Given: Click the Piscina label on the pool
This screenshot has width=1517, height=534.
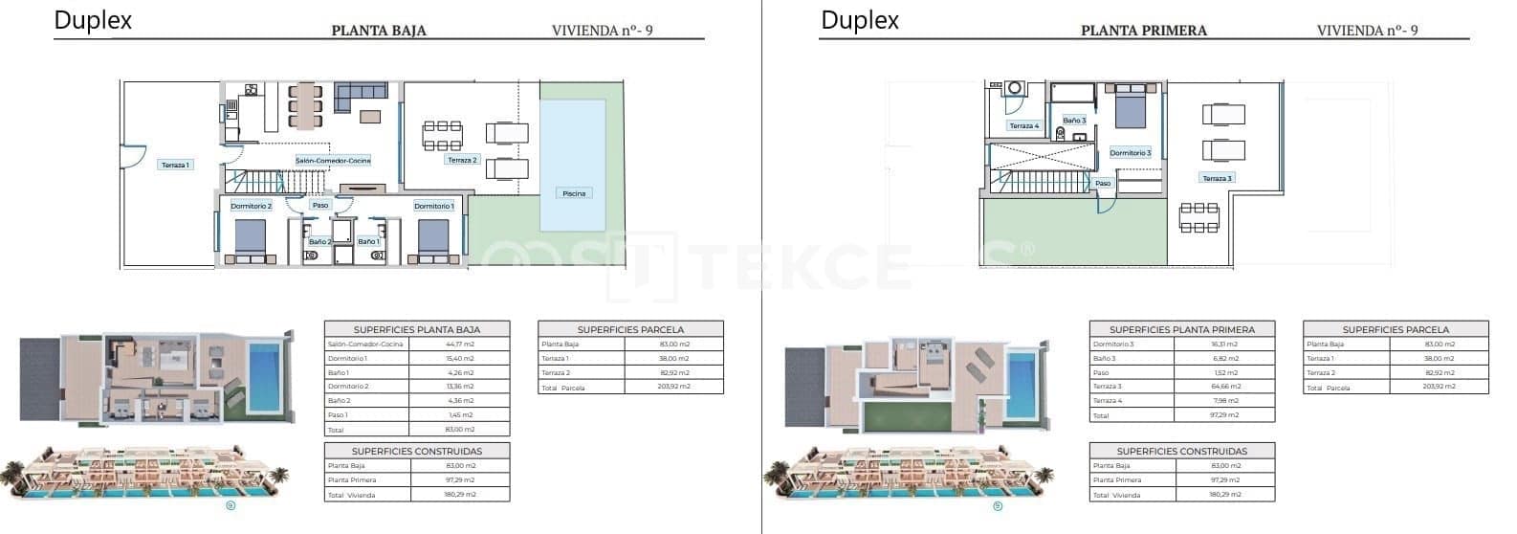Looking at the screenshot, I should (x=574, y=193).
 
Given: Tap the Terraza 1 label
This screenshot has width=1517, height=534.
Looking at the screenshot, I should (x=175, y=165).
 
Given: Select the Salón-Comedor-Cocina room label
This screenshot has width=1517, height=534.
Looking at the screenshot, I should (x=333, y=161).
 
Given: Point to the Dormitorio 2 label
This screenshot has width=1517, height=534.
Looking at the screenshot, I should (x=252, y=206).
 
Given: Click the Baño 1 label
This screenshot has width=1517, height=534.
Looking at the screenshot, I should (x=369, y=242).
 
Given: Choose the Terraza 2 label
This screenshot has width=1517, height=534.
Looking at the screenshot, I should (x=462, y=160).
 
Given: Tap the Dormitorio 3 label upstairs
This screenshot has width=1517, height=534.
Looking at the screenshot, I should (x=1130, y=153).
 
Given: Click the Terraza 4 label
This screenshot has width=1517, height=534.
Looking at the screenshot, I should (x=1023, y=125).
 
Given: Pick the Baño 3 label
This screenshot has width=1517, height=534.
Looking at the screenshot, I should (x=1074, y=121).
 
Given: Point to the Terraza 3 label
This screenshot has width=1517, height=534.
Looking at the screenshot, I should (x=1217, y=178).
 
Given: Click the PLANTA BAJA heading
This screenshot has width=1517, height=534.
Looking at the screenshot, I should (x=379, y=30).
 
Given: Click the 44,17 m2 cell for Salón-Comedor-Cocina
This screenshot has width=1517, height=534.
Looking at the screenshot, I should (x=460, y=344).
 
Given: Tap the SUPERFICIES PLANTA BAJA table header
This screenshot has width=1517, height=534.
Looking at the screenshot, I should (x=417, y=328).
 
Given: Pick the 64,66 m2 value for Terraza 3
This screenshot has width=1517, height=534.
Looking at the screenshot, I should (x=1225, y=387).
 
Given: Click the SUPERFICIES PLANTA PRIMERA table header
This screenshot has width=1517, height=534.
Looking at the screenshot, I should (x=1182, y=328).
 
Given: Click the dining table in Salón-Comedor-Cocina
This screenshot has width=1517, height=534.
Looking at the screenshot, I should (x=307, y=104).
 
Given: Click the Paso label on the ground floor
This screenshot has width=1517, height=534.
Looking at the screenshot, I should (x=320, y=205).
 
